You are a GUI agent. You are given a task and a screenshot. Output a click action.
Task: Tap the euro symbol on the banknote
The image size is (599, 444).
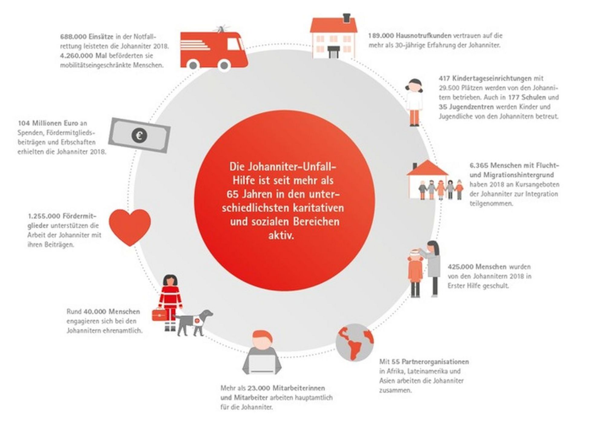click(139, 135)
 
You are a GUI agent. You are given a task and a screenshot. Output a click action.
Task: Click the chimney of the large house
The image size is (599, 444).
click(346, 18)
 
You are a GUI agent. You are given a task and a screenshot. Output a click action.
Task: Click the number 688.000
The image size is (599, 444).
click(71, 37)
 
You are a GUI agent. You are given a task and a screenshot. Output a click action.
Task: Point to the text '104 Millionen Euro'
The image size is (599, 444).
click(48, 123)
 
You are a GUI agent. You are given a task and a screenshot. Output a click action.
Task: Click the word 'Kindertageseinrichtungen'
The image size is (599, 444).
click(492, 78)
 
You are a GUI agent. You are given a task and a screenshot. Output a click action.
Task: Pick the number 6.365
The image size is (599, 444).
click(479, 166)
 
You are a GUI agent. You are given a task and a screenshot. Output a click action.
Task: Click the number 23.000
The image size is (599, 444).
click(259, 388)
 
